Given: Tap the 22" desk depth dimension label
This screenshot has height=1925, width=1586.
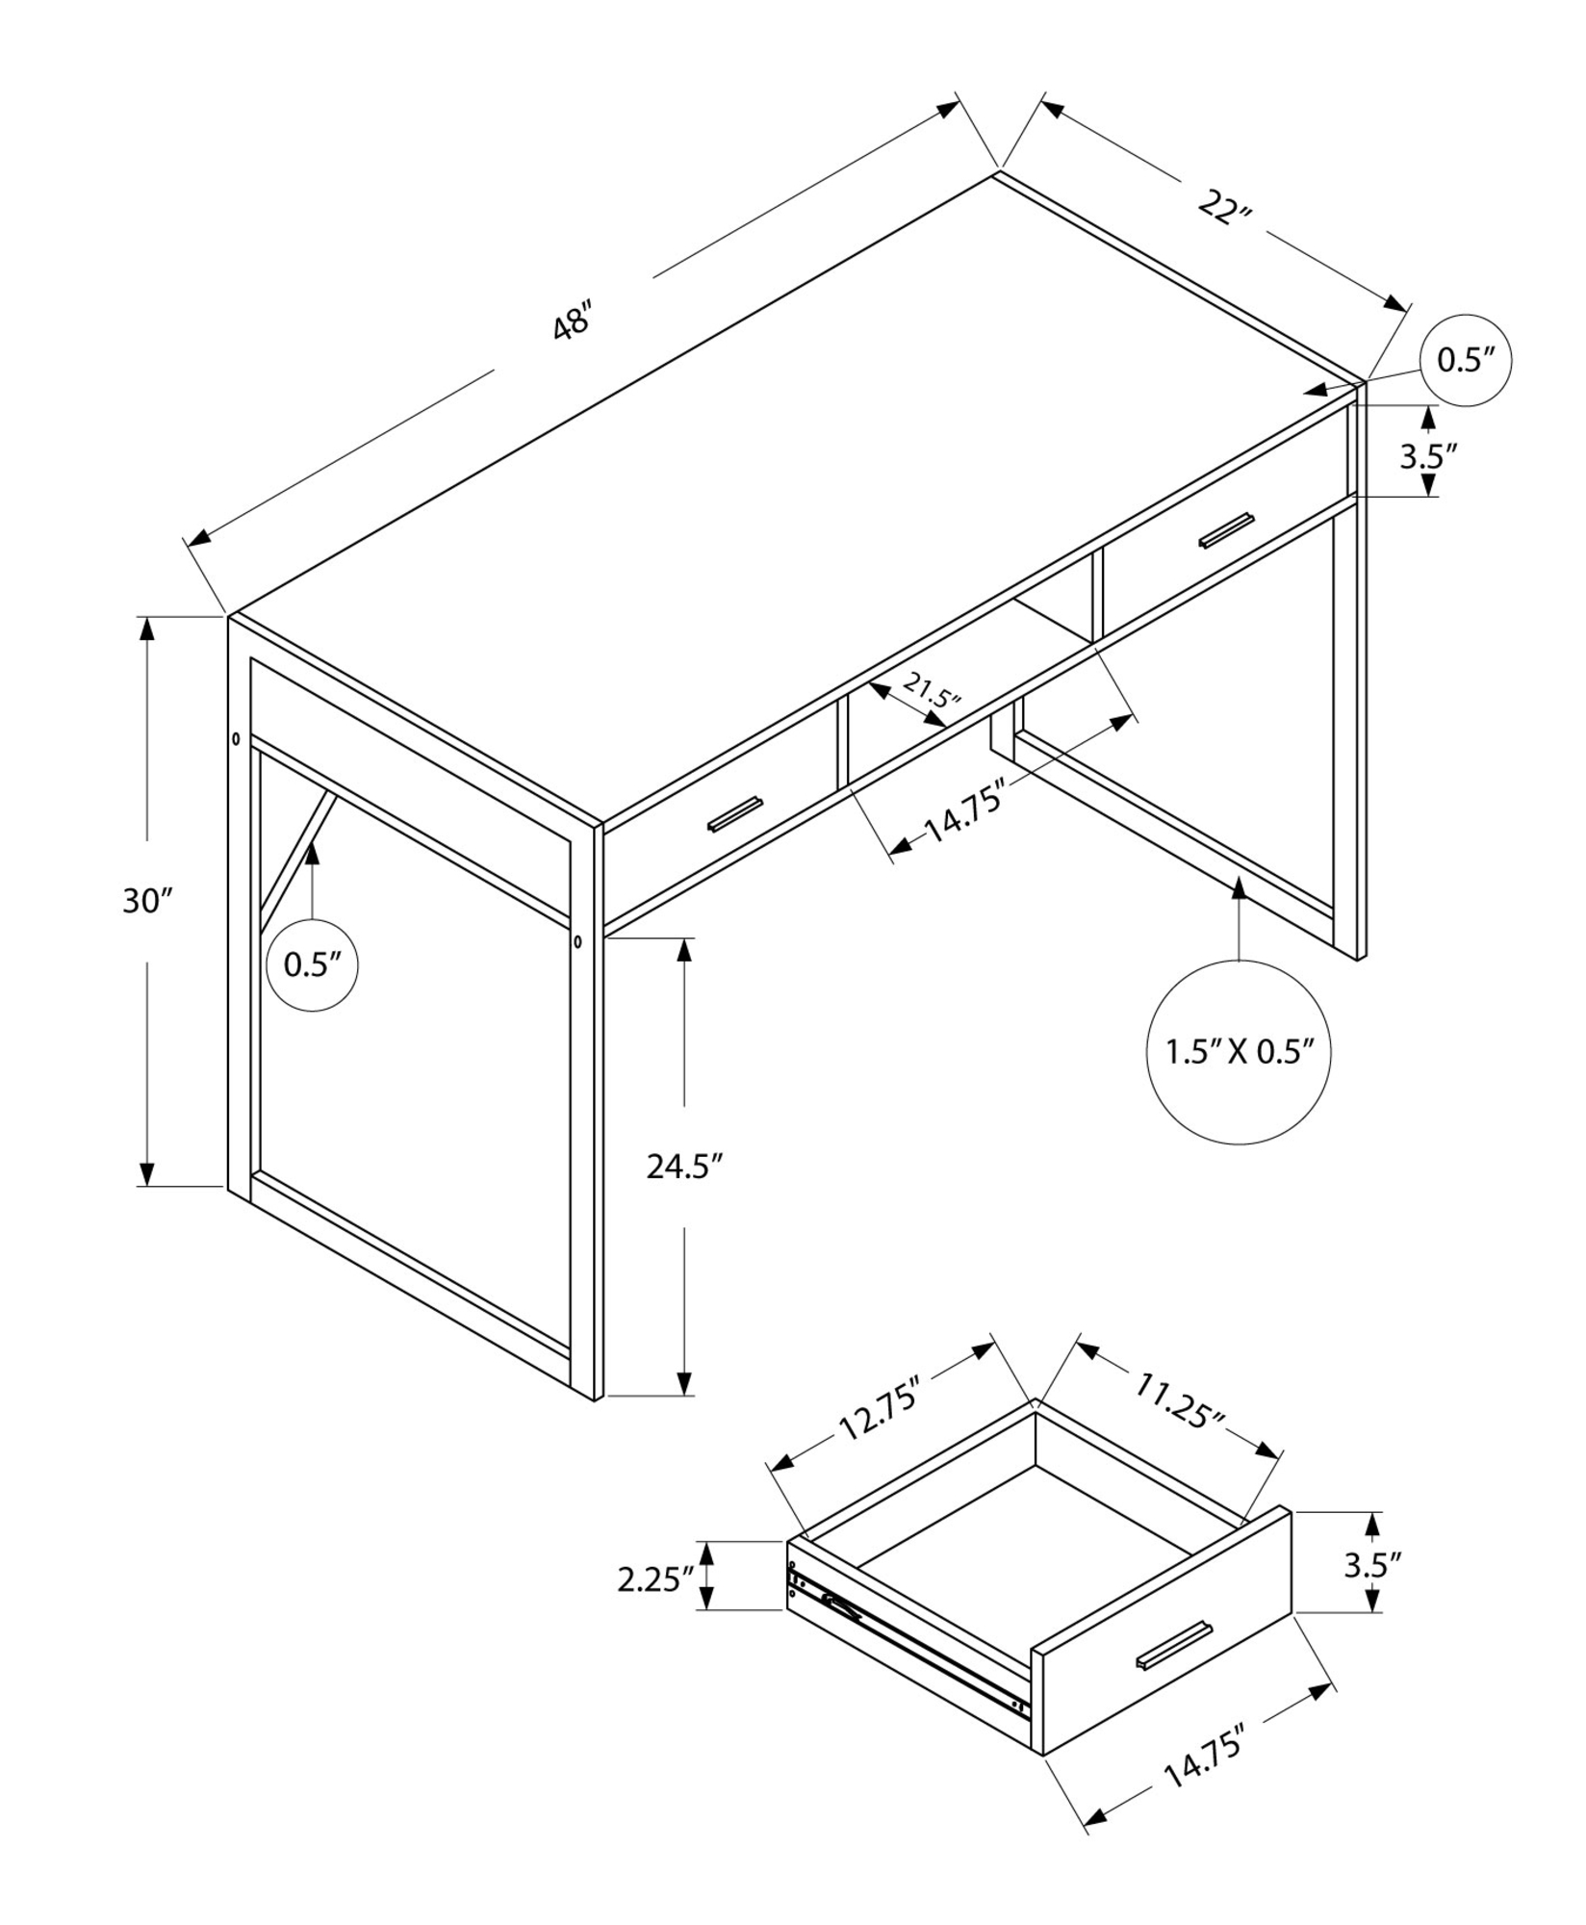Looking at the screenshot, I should click(1222, 208).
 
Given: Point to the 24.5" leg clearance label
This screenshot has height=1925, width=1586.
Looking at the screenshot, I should click(683, 1168).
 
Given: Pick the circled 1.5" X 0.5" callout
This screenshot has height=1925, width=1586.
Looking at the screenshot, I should click(1239, 1052).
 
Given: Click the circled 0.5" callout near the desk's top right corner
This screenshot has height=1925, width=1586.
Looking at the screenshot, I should click(1466, 360).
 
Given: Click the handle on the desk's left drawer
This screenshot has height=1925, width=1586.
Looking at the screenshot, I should click(734, 813).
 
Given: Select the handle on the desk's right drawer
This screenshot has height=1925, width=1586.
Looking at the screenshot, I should click(1227, 531).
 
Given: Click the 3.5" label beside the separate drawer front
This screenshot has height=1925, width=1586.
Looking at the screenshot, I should click(1372, 1565).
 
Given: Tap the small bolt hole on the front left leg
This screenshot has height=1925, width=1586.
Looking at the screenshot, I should click(577, 940).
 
